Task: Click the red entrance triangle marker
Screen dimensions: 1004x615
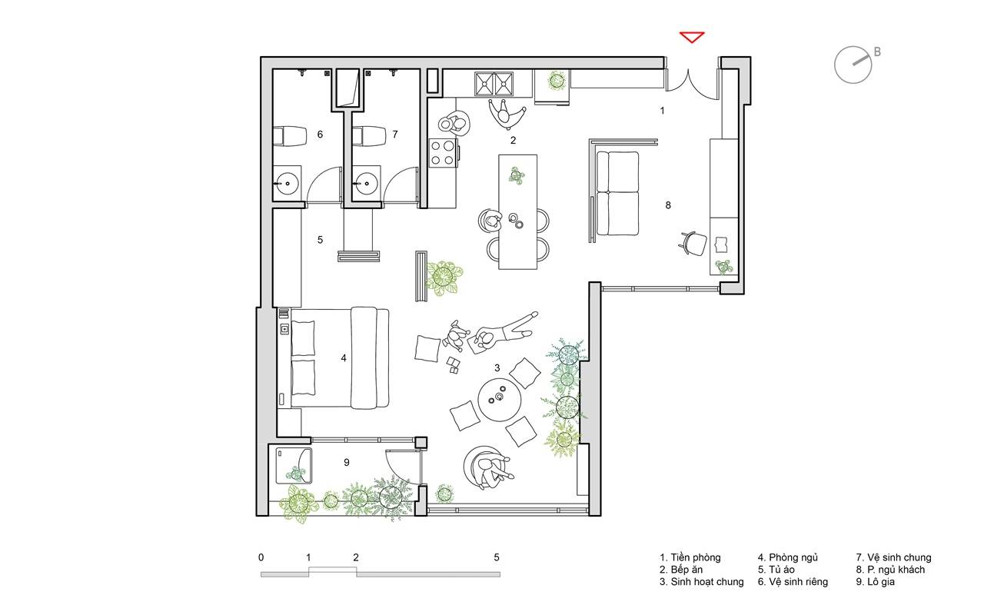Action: coord(692,36)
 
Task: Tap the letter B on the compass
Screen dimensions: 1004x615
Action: coord(877,52)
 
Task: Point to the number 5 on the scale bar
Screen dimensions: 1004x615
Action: coord(497,557)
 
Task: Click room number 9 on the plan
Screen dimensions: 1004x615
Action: coord(347,462)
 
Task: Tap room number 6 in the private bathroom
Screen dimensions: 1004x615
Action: coord(320,134)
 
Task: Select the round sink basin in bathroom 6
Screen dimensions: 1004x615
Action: coord(287,183)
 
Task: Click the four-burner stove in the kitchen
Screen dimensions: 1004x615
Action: coord(443,153)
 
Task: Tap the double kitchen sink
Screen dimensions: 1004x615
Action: coord(494,84)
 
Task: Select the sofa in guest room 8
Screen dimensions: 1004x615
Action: coord(617,193)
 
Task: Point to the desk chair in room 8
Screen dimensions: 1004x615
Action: coord(693,244)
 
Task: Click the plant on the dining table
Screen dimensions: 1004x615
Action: coord(517,175)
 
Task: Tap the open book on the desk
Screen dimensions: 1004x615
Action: coord(721,244)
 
